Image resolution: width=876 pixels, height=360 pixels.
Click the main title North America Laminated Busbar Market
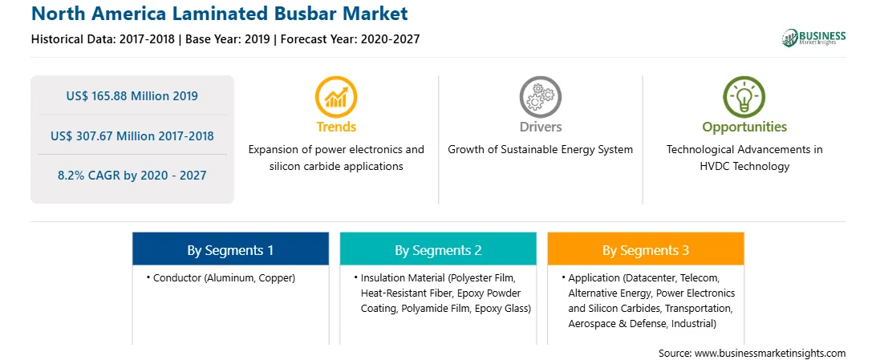click(220, 14)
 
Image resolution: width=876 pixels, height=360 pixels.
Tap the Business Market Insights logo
click(813, 38)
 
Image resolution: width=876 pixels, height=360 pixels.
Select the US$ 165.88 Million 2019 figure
click(132, 96)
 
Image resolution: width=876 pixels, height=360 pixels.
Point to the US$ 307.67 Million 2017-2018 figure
click(132, 136)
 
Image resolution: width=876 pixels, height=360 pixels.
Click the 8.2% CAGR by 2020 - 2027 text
click(132, 176)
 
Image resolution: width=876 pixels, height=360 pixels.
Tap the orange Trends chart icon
click(336, 96)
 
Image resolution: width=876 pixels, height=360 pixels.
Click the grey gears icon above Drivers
click(540, 96)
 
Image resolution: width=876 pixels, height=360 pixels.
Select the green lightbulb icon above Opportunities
click(744, 96)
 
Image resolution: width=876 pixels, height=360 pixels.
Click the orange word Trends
click(336, 127)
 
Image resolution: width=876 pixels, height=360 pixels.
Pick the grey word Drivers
click(540, 127)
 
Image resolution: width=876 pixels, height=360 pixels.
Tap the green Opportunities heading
click(744, 127)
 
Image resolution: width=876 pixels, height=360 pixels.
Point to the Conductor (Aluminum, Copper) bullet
click(221, 277)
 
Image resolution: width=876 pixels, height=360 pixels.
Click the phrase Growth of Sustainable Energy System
click(540, 150)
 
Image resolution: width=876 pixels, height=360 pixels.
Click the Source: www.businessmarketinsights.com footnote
click(752, 353)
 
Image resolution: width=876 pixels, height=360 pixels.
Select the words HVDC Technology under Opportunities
click(744, 166)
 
